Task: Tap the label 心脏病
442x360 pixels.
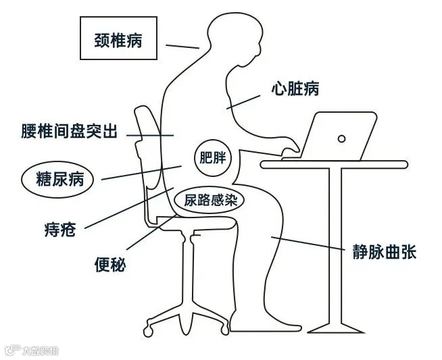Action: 295,88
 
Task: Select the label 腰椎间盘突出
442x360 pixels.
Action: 69,131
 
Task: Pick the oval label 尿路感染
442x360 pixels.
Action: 207,200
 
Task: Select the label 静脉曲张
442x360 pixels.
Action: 384,253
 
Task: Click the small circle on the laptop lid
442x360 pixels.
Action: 341,138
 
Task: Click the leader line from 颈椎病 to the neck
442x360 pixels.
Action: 182,46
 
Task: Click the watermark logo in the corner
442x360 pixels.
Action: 32,350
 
